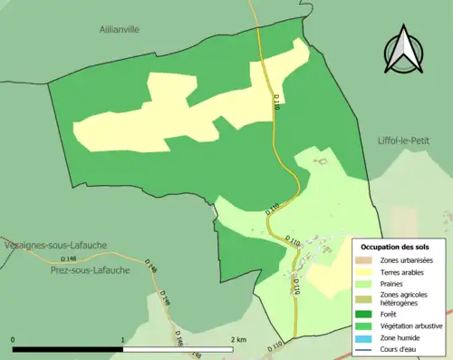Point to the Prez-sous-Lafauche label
point(89,269)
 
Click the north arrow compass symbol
point(404,51)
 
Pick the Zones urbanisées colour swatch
point(365,260)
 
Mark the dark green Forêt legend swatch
point(365,316)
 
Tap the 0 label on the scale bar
point(13,339)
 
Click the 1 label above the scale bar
point(123,339)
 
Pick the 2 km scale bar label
point(238,339)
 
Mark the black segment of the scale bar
point(68,348)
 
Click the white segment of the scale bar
point(178,348)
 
